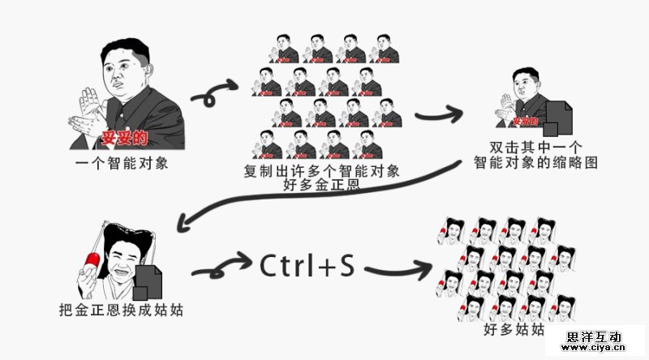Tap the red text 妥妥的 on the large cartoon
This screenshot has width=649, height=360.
(124, 135)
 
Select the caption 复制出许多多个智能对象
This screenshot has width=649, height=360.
(322, 171)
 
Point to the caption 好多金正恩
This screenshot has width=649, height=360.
(322, 186)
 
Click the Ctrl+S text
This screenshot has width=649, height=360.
(307, 266)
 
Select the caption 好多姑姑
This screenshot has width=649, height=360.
(514, 330)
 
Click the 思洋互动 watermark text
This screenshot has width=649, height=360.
(595, 336)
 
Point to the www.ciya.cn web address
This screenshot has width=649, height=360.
(595, 349)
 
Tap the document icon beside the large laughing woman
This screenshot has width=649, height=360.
(147, 280)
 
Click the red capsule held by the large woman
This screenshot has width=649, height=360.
(92, 263)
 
